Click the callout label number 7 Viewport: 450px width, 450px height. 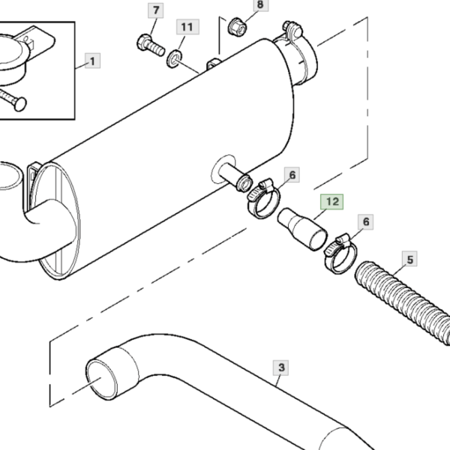coord(156,10)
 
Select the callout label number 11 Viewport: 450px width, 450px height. coord(187,27)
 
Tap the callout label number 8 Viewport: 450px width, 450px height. coord(260,4)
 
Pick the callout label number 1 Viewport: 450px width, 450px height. coord(92,61)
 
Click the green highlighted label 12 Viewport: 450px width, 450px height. coord(332,202)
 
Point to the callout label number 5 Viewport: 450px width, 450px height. coord(409,259)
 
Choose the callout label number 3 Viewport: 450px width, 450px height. coord(281,367)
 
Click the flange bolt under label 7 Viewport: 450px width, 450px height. coord(151,46)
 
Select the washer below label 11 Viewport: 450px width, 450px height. coord(174,58)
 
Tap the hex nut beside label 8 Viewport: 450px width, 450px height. coord(237,27)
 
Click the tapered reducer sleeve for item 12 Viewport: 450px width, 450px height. coord(302,229)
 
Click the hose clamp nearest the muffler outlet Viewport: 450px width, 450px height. coord(263,198)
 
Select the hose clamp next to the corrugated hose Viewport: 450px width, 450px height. coord(340,253)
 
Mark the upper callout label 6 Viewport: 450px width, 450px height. coord(292,175)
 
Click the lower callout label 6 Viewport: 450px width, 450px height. coord(366,222)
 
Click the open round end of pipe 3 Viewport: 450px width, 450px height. coord(102,379)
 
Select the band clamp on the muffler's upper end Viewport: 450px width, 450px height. coord(298,55)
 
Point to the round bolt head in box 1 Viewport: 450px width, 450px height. coord(20,104)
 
